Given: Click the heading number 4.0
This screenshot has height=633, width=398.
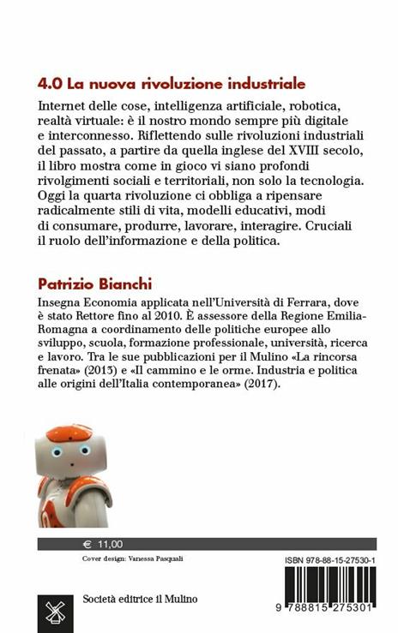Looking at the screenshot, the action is pos(50,84).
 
